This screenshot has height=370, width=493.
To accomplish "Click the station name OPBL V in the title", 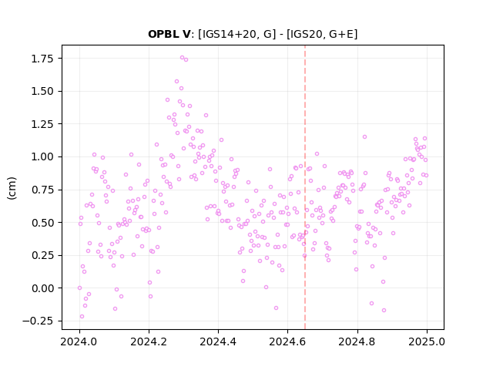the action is pyautogui.click(x=169, y=34).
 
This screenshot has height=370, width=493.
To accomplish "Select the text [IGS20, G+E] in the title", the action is pyautogui.click(x=322, y=34).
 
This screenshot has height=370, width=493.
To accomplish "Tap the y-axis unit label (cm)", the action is pyautogui.click(x=12, y=188).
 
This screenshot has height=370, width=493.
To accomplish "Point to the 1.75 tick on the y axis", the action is pyautogui.click(x=42, y=59).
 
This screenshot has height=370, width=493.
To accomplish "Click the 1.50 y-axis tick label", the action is pyautogui.click(x=42, y=91).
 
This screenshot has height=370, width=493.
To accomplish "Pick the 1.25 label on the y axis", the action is pyautogui.click(x=42, y=124).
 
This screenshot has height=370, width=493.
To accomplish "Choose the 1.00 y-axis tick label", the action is pyautogui.click(x=42, y=156).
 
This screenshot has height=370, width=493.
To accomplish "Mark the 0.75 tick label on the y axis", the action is pyautogui.click(x=42, y=190).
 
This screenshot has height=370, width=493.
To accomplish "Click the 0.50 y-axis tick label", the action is pyautogui.click(x=42, y=223).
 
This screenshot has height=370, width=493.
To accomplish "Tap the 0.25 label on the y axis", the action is pyautogui.click(x=42, y=255).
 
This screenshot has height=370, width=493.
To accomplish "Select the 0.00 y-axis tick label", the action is pyautogui.click(x=42, y=288).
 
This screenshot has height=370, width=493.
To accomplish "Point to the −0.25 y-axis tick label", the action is pyautogui.click(x=38, y=321).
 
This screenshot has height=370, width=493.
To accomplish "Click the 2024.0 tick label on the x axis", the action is pyautogui.click(x=79, y=341).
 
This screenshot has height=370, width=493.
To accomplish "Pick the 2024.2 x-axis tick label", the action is pyautogui.click(x=149, y=341).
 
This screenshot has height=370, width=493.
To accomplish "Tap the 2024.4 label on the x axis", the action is pyautogui.click(x=218, y=341).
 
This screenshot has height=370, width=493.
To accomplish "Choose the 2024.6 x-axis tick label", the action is pyautogui.click(x=287, y=341).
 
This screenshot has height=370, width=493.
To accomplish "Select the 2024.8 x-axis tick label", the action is pyautogui.click(x=357, y=341).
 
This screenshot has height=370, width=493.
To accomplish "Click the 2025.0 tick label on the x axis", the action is pyautogui.click(x=427, y=341).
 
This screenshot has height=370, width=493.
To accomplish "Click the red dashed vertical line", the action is pyautogui.click(x=305, y=187).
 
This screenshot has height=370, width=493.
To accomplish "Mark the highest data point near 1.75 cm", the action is pyautogui.click(x=182, y=58).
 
